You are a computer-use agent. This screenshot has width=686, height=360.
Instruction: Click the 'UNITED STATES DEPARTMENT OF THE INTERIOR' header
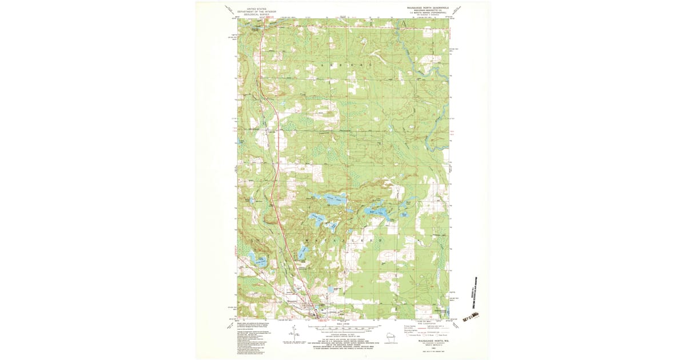click(257, 11)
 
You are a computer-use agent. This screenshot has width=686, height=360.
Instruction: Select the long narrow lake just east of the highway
click(301, 251)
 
